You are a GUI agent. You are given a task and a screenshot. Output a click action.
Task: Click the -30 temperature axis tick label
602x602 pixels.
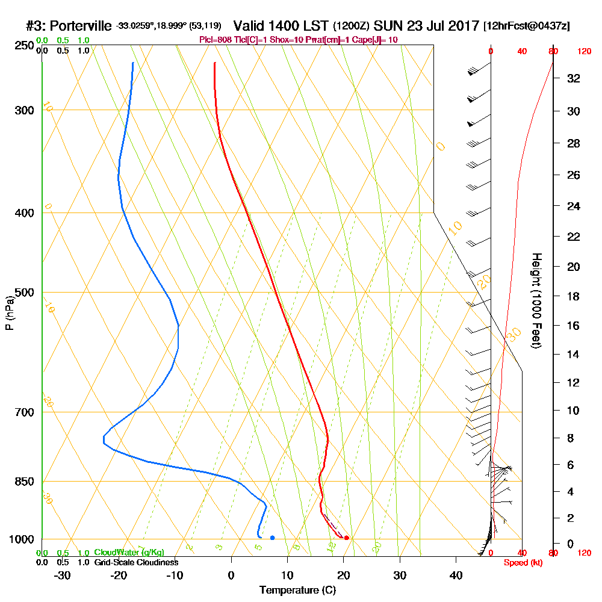[x=63, y=576]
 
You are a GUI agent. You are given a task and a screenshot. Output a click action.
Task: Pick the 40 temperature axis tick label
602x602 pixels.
[x=456, y=576]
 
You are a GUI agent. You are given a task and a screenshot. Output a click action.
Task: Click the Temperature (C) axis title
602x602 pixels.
[x=297, y=591]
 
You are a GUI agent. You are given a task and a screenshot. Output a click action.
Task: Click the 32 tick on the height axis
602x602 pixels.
[x=574, y=78]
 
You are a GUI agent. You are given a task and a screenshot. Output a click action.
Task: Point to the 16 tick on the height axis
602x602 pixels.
[x=574, y=326]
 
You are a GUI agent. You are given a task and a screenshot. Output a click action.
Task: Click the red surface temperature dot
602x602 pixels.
[x=346, y=538]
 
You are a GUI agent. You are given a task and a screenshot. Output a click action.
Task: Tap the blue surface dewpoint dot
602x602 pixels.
[x=273, y=538]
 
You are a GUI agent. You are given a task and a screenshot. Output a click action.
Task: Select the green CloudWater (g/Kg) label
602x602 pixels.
[x=129, y=553]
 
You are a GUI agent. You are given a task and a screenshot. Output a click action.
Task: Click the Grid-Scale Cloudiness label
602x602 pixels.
[x=136, y=562]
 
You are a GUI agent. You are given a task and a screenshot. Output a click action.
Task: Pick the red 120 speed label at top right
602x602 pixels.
[x=584, y=52]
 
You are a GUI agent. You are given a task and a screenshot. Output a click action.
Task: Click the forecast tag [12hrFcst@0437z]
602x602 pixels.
[x=527, y=27]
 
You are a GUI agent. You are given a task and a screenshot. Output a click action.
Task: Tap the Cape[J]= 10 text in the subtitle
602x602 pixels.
[x=377, y=40]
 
